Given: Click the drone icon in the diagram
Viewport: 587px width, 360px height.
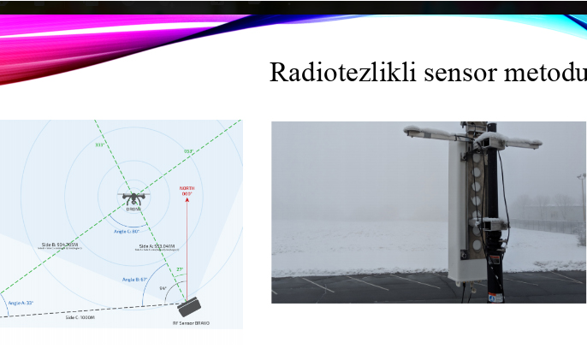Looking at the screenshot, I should click(133, 198).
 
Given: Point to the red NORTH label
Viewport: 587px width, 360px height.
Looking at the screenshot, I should click(187, 190).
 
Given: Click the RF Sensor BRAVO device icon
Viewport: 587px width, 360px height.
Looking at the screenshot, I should click(190, 306).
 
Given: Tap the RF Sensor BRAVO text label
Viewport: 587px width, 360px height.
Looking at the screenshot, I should click(191, 323).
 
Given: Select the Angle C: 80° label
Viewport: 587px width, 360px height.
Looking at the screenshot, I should click(127, 230).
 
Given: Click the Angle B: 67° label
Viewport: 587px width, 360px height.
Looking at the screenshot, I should click(135, 279).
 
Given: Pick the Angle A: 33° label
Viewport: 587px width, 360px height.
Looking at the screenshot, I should click(21, 303).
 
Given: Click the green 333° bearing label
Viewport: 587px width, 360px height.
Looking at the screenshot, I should click(99, 145).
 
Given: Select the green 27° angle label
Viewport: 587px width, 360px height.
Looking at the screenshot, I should click(180, 269).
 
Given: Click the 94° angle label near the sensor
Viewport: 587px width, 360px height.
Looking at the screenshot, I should click(163, 288).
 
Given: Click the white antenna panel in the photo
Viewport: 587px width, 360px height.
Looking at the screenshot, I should click(466, 214).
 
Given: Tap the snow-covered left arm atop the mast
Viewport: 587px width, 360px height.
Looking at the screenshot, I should click(430, 132).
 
